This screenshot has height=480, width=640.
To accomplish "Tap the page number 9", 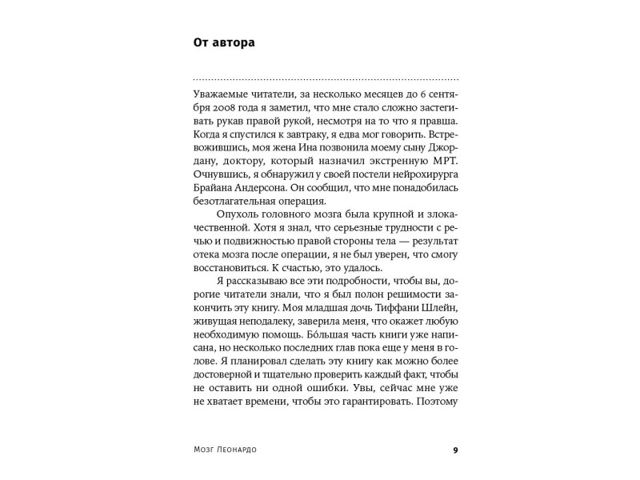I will tap(455, 450).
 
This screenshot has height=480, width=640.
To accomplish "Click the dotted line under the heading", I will tap(326, 80).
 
